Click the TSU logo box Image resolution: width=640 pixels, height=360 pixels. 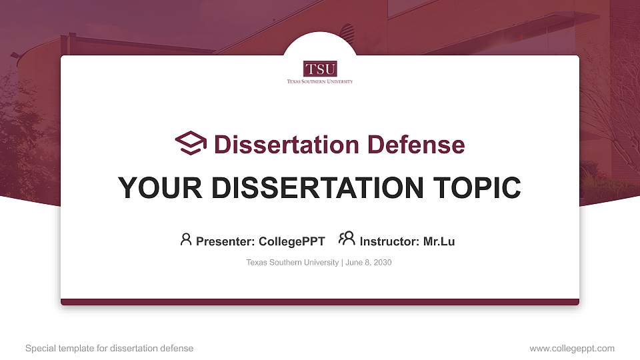[x=320, y=69]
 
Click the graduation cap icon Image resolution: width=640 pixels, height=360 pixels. [x=191, y=143]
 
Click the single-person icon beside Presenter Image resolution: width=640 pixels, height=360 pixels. [x=186, y=239]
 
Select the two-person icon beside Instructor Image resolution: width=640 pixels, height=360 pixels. [x=347, y=239]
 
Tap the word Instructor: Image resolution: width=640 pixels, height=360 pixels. [x=389, y=241]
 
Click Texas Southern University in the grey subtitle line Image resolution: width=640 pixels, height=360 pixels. [x=292, y=263]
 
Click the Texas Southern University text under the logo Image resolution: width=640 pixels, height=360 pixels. [x=320, y=81]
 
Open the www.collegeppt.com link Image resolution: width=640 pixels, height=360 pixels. [x=572, y=348]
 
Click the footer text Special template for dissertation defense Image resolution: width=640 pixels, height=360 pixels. [x=109, y=348]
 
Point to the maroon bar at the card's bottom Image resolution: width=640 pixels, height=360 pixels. [x=320, y=302]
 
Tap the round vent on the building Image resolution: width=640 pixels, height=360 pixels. [x=347, y=31]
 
